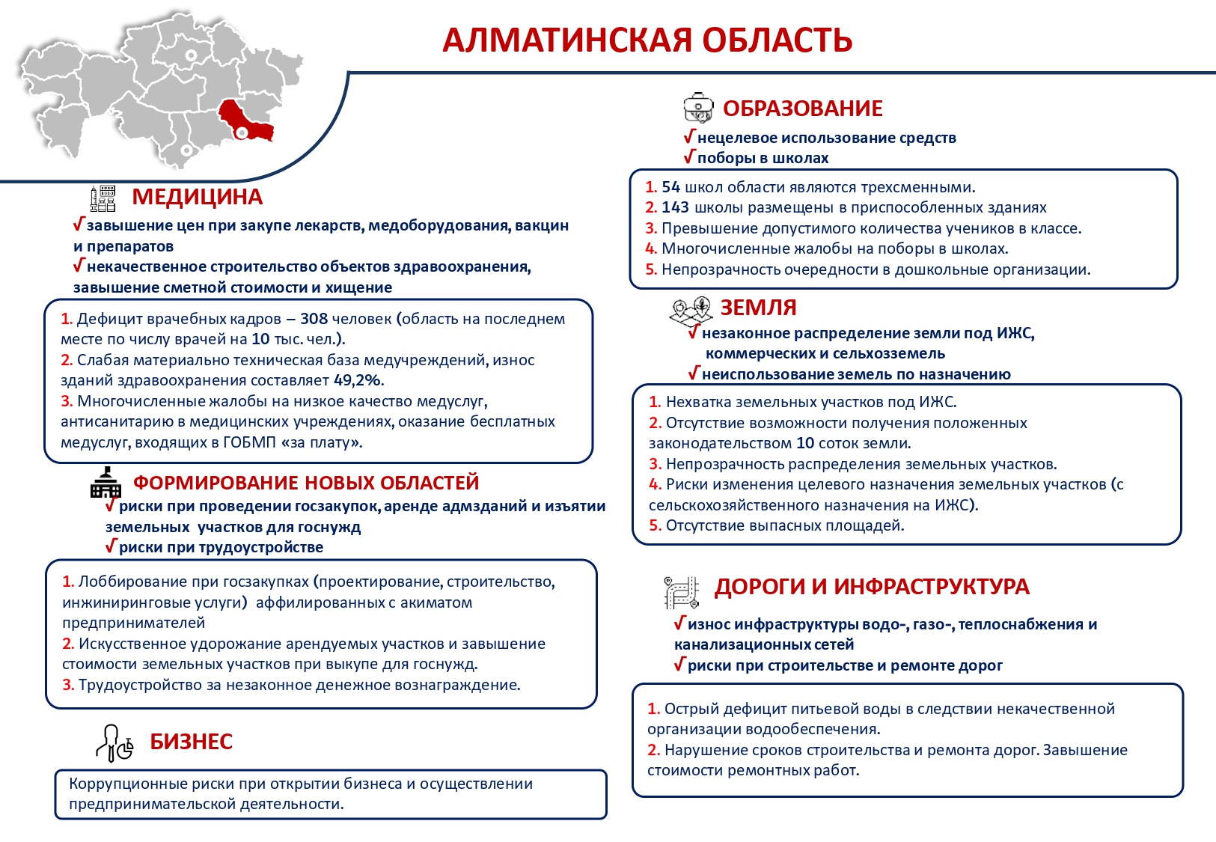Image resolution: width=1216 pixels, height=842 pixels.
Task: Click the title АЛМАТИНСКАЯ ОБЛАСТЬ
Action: click(647, 40)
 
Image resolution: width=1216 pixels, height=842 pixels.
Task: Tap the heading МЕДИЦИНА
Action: click(197, 197)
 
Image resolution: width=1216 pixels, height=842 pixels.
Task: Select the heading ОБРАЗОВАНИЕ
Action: click(802, 109)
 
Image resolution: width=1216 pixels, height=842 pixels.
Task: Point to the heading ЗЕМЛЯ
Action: click(758, 308)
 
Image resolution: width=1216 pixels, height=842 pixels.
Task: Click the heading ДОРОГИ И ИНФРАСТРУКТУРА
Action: click(872, 587)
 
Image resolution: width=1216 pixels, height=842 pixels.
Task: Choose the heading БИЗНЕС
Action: click(191, 742)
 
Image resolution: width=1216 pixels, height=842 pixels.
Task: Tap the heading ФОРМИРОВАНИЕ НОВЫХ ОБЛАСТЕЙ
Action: click(305, 483)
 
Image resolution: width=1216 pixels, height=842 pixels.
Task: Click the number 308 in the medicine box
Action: click(314, 319)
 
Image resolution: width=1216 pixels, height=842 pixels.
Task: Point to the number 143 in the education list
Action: click(675, 207)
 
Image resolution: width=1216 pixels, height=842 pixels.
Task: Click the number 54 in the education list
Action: click(670, 187)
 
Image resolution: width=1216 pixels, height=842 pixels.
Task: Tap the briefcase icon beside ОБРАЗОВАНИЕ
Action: click(699, 108)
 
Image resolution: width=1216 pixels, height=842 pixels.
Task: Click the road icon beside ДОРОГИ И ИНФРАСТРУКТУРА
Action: click(681, 592)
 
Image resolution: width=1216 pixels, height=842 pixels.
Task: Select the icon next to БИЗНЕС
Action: click(114, 742)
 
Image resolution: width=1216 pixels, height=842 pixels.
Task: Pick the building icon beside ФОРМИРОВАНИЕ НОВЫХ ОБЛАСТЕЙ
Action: click(106, 483)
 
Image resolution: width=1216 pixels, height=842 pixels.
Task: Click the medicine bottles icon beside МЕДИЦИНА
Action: click(103, 198)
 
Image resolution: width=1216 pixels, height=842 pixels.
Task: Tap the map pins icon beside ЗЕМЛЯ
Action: click(690, 310)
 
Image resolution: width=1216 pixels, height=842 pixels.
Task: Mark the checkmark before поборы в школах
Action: click(689, 157)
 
